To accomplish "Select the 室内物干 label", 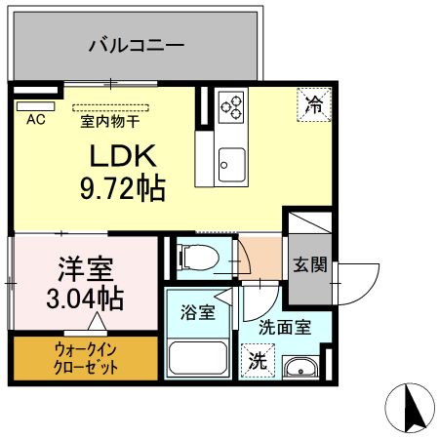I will tap(109, 122).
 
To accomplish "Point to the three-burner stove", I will tap(234, 105).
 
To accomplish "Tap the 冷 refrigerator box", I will tap(313, 103).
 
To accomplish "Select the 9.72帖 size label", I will tap(121, 185).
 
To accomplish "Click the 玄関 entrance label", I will tap(310, 266).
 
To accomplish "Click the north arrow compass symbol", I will tap(413, 408).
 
